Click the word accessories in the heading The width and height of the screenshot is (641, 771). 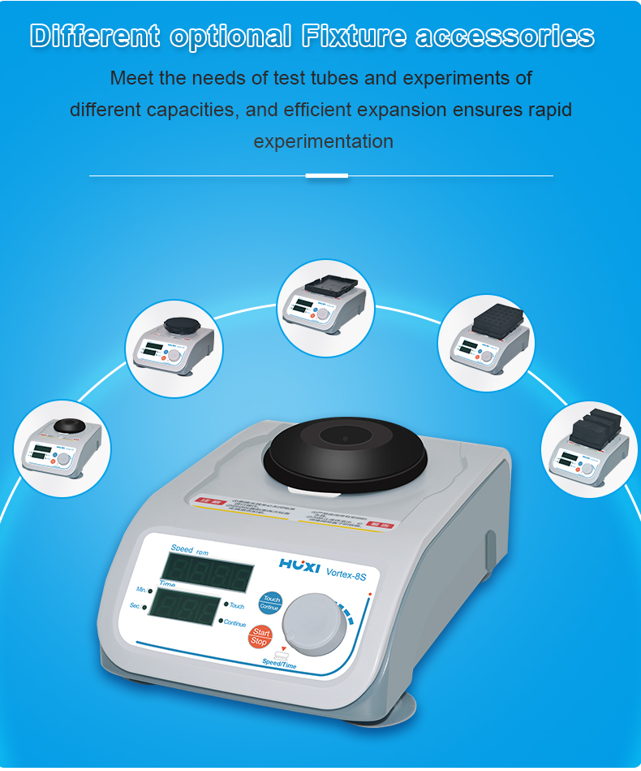(505, 37)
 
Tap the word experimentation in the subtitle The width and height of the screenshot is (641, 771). (323, 141)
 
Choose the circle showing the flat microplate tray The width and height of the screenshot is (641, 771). (325, 307)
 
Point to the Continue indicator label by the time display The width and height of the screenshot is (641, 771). (234, 623)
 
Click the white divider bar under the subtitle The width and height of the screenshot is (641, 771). (327, 175)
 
